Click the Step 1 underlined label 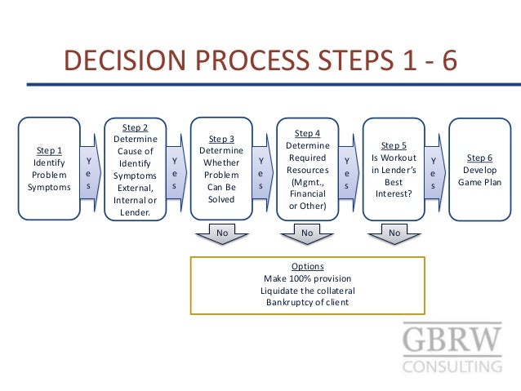[x=49, y=150]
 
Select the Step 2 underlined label [x=135, y=127]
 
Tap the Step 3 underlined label [x=221, y=139]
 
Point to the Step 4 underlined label [x=307, y=133]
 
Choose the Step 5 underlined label [x=394, y=144]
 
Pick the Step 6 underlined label [x=479, y=157]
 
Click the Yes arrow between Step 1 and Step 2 [x=89, y=173]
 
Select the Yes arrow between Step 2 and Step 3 [x=175, y=173]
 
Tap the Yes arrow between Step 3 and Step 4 [x=261, y=173]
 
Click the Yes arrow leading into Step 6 [x=434, y=173]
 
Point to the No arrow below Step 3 [x=221, y=234]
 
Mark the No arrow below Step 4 [x=307, y=234]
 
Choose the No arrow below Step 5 [x=394, y=234]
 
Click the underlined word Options [x=307, y=267]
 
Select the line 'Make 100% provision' [x=307, y=279]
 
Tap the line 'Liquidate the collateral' [x=307, y=291]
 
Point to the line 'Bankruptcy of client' [x=307, y=302]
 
